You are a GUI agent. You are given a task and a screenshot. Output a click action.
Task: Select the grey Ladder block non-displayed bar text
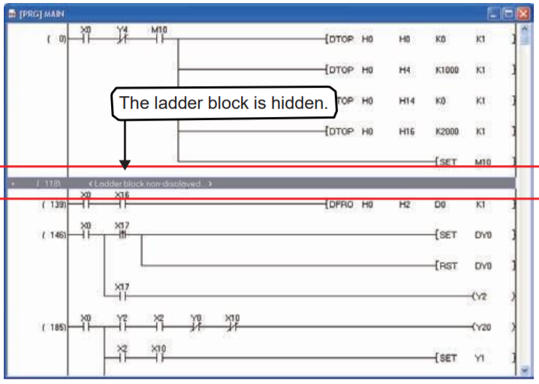coord(149,183)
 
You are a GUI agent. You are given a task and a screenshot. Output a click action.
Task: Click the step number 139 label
coord(57,204)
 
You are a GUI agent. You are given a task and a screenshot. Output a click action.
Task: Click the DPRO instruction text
coord(341,204)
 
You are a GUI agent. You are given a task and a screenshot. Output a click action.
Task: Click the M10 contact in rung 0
coord(159,37)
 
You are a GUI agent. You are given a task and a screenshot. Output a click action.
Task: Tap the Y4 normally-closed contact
coord(123,37)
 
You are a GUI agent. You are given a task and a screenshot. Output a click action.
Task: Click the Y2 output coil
coord(481,296)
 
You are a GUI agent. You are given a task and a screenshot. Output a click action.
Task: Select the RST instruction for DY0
coord(447,265)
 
